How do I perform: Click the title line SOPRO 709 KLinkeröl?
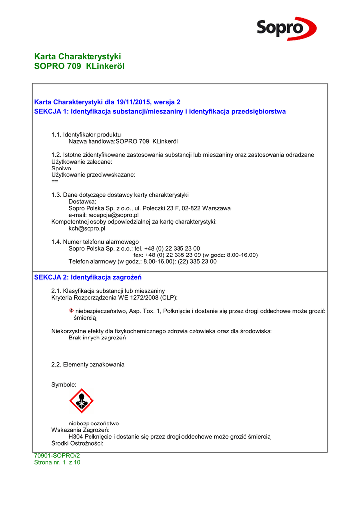click(79, 66)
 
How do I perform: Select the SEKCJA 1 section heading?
click(160, 112)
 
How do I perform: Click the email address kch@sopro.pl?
click(87, 229)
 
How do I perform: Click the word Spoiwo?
click(61, 169)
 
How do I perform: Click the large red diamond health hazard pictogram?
click(81, 401)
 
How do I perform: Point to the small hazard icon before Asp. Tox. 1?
click(71, 311)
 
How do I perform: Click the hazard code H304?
click(77, 437)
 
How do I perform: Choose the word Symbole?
click(64, 385)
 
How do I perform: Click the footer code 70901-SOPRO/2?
click(57, 455)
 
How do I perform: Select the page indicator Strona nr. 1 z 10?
click(57, 462)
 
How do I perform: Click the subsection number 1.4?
click(56, 242)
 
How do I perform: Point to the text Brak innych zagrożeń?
click(97, 338)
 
